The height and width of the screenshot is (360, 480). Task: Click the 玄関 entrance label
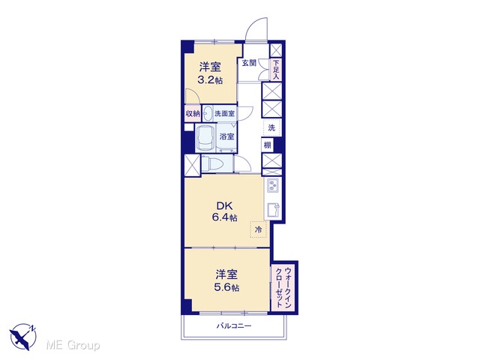coord(249,63)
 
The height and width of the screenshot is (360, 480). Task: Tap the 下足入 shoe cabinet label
coord(276,70)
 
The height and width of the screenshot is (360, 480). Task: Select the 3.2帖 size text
coord(210,80)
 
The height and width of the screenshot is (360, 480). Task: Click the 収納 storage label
coord(193,114)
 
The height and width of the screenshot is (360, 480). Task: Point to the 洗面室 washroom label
coord(224,113)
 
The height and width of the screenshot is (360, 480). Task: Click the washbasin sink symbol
coord(208,113)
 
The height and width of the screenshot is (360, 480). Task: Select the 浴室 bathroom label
coord(226,136)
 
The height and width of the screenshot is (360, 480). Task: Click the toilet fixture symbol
coord(215,164)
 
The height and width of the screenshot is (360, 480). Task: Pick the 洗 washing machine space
coord(271,127)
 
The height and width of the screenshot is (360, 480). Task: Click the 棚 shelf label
coord(268,145)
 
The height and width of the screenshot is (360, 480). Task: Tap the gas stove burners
coord(272,185)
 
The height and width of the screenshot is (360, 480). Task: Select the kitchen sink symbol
coord(273,210)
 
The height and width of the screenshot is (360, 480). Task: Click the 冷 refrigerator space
coord(258,229)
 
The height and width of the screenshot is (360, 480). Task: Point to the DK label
coord(225,205)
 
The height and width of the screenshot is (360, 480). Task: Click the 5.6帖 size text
coord(226,288)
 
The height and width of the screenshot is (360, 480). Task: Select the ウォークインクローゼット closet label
coord(283,288)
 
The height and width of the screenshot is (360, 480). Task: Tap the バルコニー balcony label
coord(234,325)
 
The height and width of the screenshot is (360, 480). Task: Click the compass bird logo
coord(23,336)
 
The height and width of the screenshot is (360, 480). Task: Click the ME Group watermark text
coord(73,345)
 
